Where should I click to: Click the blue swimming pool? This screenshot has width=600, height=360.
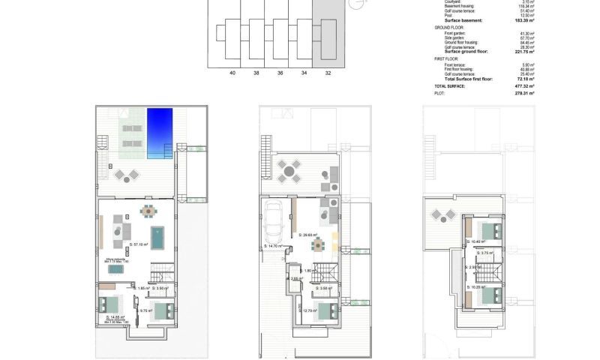coord(160,133)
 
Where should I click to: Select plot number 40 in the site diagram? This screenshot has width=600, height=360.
coord(232,73)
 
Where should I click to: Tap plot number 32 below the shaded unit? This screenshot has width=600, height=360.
coord(327,73)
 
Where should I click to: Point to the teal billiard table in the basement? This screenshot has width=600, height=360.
coord(157,236)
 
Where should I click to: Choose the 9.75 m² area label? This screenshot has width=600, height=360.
coord(145,310)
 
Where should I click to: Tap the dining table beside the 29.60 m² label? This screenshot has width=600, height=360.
coord(319,245)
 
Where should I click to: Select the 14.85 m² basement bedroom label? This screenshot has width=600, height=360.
coord(114,317)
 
